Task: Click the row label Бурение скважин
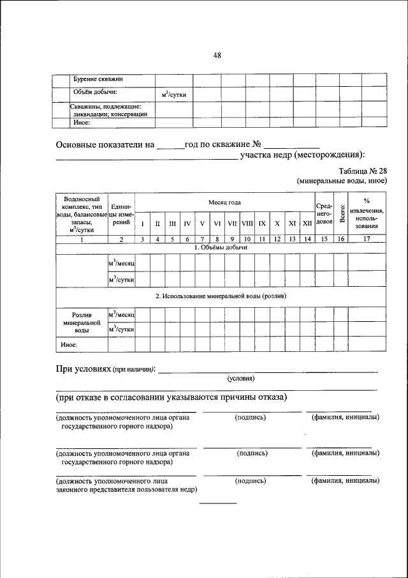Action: point(98,79)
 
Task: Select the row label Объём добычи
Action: point(94,91)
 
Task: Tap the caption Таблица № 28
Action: point(363,171)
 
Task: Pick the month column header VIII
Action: point(247,224)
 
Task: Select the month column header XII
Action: point(307,224)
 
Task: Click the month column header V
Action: point(201,224)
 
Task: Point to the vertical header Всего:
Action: point(341,213)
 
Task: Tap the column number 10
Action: point(247,239)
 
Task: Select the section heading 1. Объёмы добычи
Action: point(220,247)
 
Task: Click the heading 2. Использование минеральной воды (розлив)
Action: point(221,296)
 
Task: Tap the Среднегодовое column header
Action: point(324,213)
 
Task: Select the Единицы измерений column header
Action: point(121,214)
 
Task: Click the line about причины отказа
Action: point(171,397)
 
